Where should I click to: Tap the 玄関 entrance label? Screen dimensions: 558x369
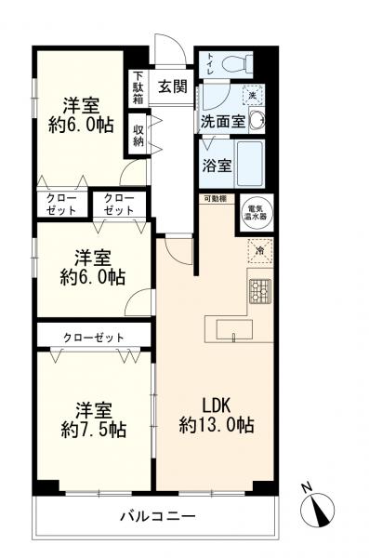click(x=172, y=87)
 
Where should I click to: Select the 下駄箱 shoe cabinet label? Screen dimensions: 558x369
click(x=138, y=88)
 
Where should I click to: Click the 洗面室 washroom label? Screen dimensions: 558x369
click(x=222, y=121)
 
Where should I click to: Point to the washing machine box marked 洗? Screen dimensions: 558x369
click(x=252, y=94)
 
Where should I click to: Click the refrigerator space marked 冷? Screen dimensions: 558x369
click(x=260, y=250)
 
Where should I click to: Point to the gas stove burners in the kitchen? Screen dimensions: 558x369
click(x=257, y=291)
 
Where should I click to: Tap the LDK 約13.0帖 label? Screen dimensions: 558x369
click(x=217, y=415)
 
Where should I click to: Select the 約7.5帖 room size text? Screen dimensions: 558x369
click(x=94, y=430)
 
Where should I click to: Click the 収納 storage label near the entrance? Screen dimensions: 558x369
click(x=138, y=135)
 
